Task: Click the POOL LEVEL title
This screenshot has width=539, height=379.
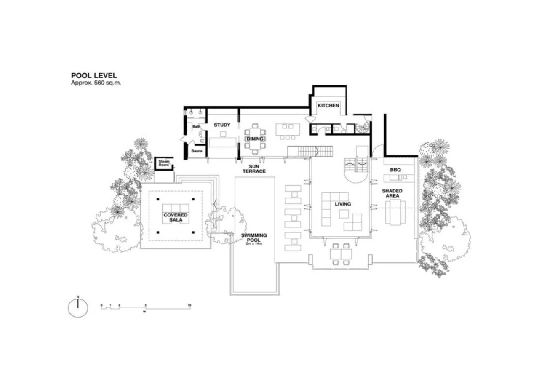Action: [x=94, y=76]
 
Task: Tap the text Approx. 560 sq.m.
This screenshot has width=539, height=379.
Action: [x=96, y=83]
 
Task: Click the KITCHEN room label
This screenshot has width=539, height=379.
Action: [x=328, y=105]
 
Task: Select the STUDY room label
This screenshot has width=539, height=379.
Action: [x=222, y=125]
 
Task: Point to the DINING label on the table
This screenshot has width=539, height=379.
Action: [x=255, y=139]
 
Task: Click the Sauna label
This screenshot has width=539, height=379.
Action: [x=197, y=150]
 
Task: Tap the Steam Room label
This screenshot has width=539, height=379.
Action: [x=164, y=163]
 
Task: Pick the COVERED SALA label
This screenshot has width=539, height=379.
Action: [x=175, y=217]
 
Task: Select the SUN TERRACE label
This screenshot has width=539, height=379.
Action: [x=254, y=169]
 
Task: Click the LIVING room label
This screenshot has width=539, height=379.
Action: [x=343, y=204]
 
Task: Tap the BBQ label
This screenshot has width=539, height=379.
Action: [x=395, y=170]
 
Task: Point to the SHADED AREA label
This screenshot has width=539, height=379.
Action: [x=392, y=193]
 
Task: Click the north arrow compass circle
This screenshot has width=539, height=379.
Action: [x=78, y=308]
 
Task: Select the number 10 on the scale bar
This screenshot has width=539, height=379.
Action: [x=189, y=305]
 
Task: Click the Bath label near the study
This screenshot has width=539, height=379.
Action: [x=196, y=126]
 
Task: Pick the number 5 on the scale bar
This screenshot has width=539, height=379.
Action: [x=146, y=305]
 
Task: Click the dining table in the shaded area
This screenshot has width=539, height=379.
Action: [x=395, y=212]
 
